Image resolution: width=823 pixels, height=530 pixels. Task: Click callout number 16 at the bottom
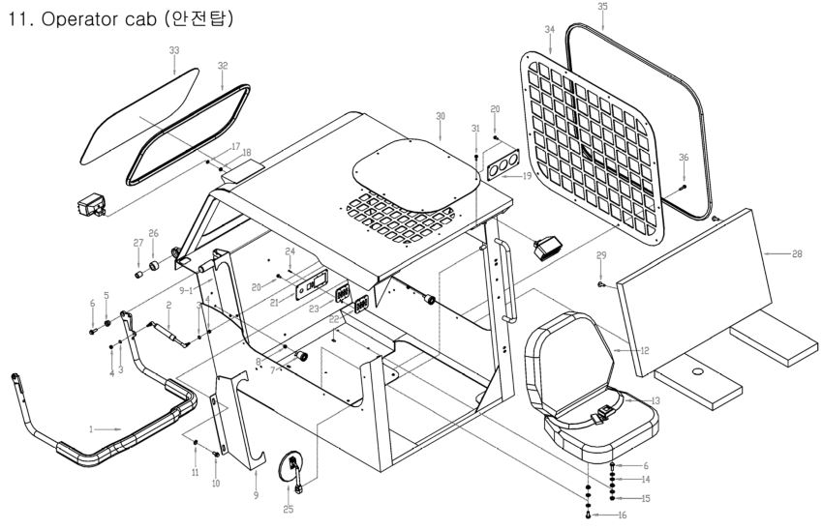622,515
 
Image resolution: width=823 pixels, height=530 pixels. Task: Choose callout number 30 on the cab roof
441,115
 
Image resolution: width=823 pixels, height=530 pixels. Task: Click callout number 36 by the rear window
685,158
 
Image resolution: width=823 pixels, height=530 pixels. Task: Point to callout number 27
137,243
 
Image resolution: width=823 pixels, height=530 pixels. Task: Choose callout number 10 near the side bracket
216,483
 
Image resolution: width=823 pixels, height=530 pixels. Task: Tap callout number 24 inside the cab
290,251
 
